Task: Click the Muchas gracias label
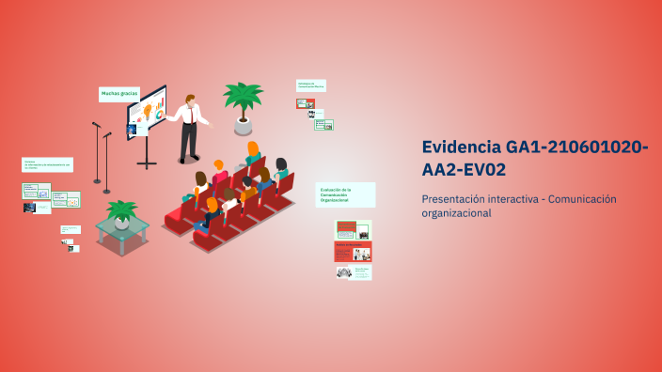tap(119, 94)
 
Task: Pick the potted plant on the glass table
tap(120, 212)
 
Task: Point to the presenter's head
tap(190, 98)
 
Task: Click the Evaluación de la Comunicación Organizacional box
tap(345, 194)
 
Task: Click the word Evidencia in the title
tap(461, 147)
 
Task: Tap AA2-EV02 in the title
tap(464, 170)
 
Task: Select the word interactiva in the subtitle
tap(512, 199)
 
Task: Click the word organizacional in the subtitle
tap(456, 213)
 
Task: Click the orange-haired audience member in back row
tap(253, 150)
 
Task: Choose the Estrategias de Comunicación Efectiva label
tap(311, 85)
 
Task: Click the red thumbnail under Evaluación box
tap(353, 252)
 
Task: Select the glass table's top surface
tap(122, 226)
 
